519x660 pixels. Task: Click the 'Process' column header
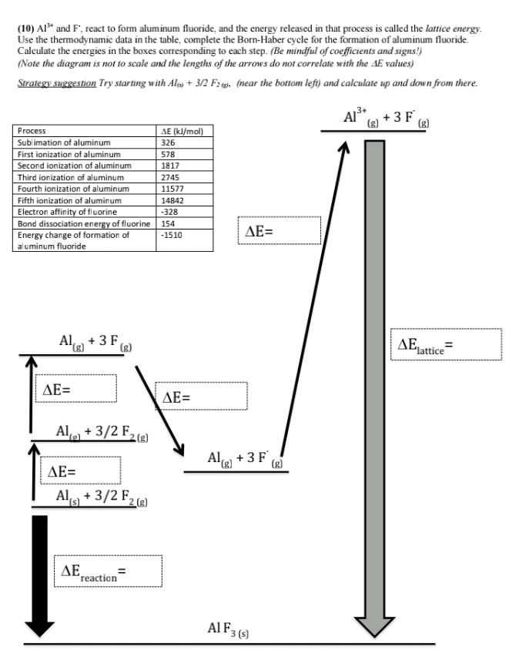(31, 132)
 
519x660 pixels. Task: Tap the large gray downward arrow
(373, 385)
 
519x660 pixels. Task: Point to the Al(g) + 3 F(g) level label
(95, 343)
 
